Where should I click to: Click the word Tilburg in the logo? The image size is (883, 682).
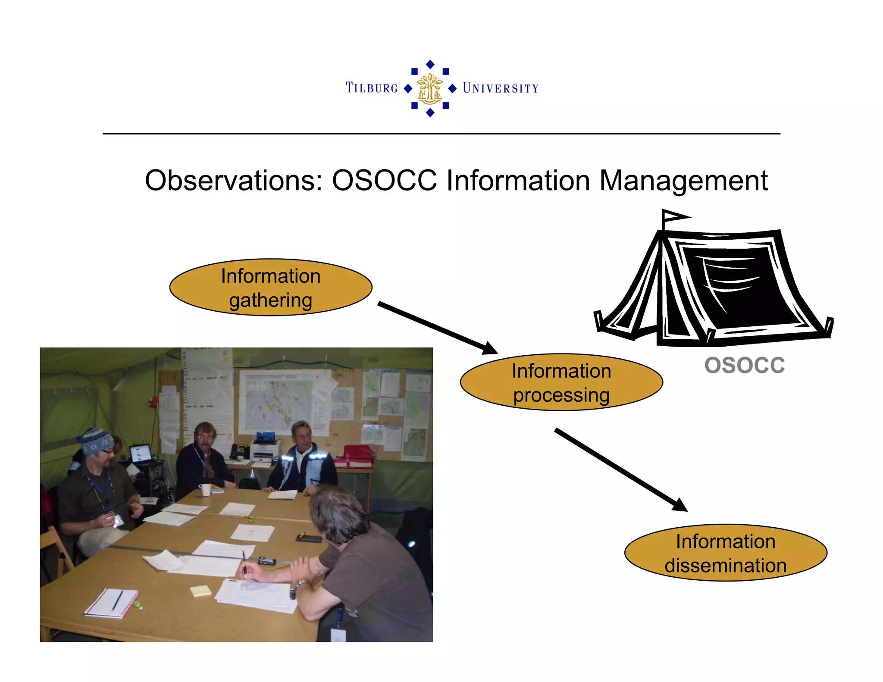(372, 88)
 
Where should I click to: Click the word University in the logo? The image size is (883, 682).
(501, 88)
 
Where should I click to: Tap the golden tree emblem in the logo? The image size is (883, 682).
(430, 88)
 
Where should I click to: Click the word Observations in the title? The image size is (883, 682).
(233, 180)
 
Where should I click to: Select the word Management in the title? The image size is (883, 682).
(683, 180)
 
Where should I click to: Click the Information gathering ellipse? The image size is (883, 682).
(271, 288)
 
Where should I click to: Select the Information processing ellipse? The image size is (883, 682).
(561, 382)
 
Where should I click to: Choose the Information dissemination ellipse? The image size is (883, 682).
(726, 553)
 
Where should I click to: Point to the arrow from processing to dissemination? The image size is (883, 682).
(620, 469)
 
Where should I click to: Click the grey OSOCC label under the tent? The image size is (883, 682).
(745, 366)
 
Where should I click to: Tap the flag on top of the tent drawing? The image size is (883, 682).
(675, 216)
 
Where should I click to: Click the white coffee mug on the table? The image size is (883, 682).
(205, 490)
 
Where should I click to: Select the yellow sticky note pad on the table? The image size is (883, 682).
(200, 591)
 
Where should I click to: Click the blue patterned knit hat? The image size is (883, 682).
(96, 441)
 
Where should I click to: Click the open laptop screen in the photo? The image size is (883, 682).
(141, 453)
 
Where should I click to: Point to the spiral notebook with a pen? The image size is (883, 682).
(111, 603)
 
